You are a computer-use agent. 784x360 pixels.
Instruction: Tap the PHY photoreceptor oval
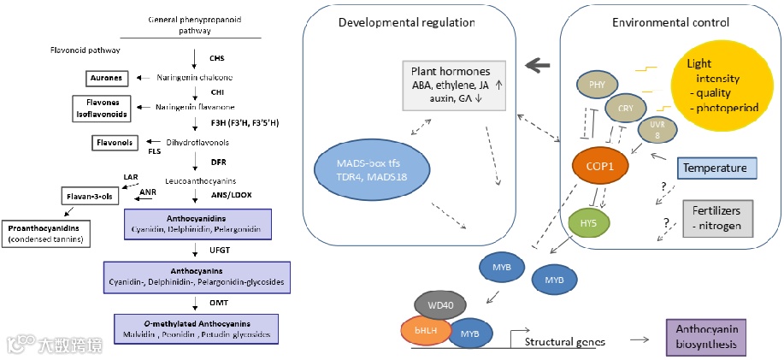click(598, 85)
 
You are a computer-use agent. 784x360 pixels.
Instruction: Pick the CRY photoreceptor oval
click(625, 109)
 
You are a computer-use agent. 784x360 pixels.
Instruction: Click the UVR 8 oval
click(656, 129)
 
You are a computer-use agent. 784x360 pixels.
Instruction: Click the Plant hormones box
click(456, 86)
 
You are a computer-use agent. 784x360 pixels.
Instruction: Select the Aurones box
click(106, 79)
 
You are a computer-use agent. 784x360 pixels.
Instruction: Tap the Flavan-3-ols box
click(91, 197)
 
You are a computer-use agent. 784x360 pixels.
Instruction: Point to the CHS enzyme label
click(217, 58)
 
